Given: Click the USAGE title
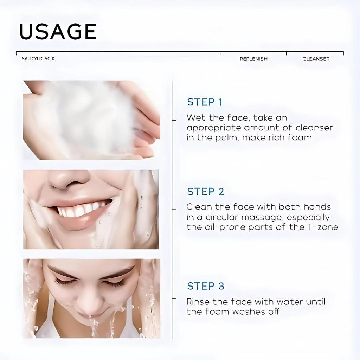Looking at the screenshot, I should point(58,32).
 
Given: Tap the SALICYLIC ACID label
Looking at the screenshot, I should point(38,59).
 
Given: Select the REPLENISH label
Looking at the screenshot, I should point(253,59).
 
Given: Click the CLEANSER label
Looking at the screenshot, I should point(316,59).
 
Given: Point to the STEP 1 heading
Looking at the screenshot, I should point(205,102).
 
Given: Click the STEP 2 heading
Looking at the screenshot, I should point(205,192).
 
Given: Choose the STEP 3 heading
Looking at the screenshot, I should point(205,286).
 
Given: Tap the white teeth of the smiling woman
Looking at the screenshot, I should point(83,210).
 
